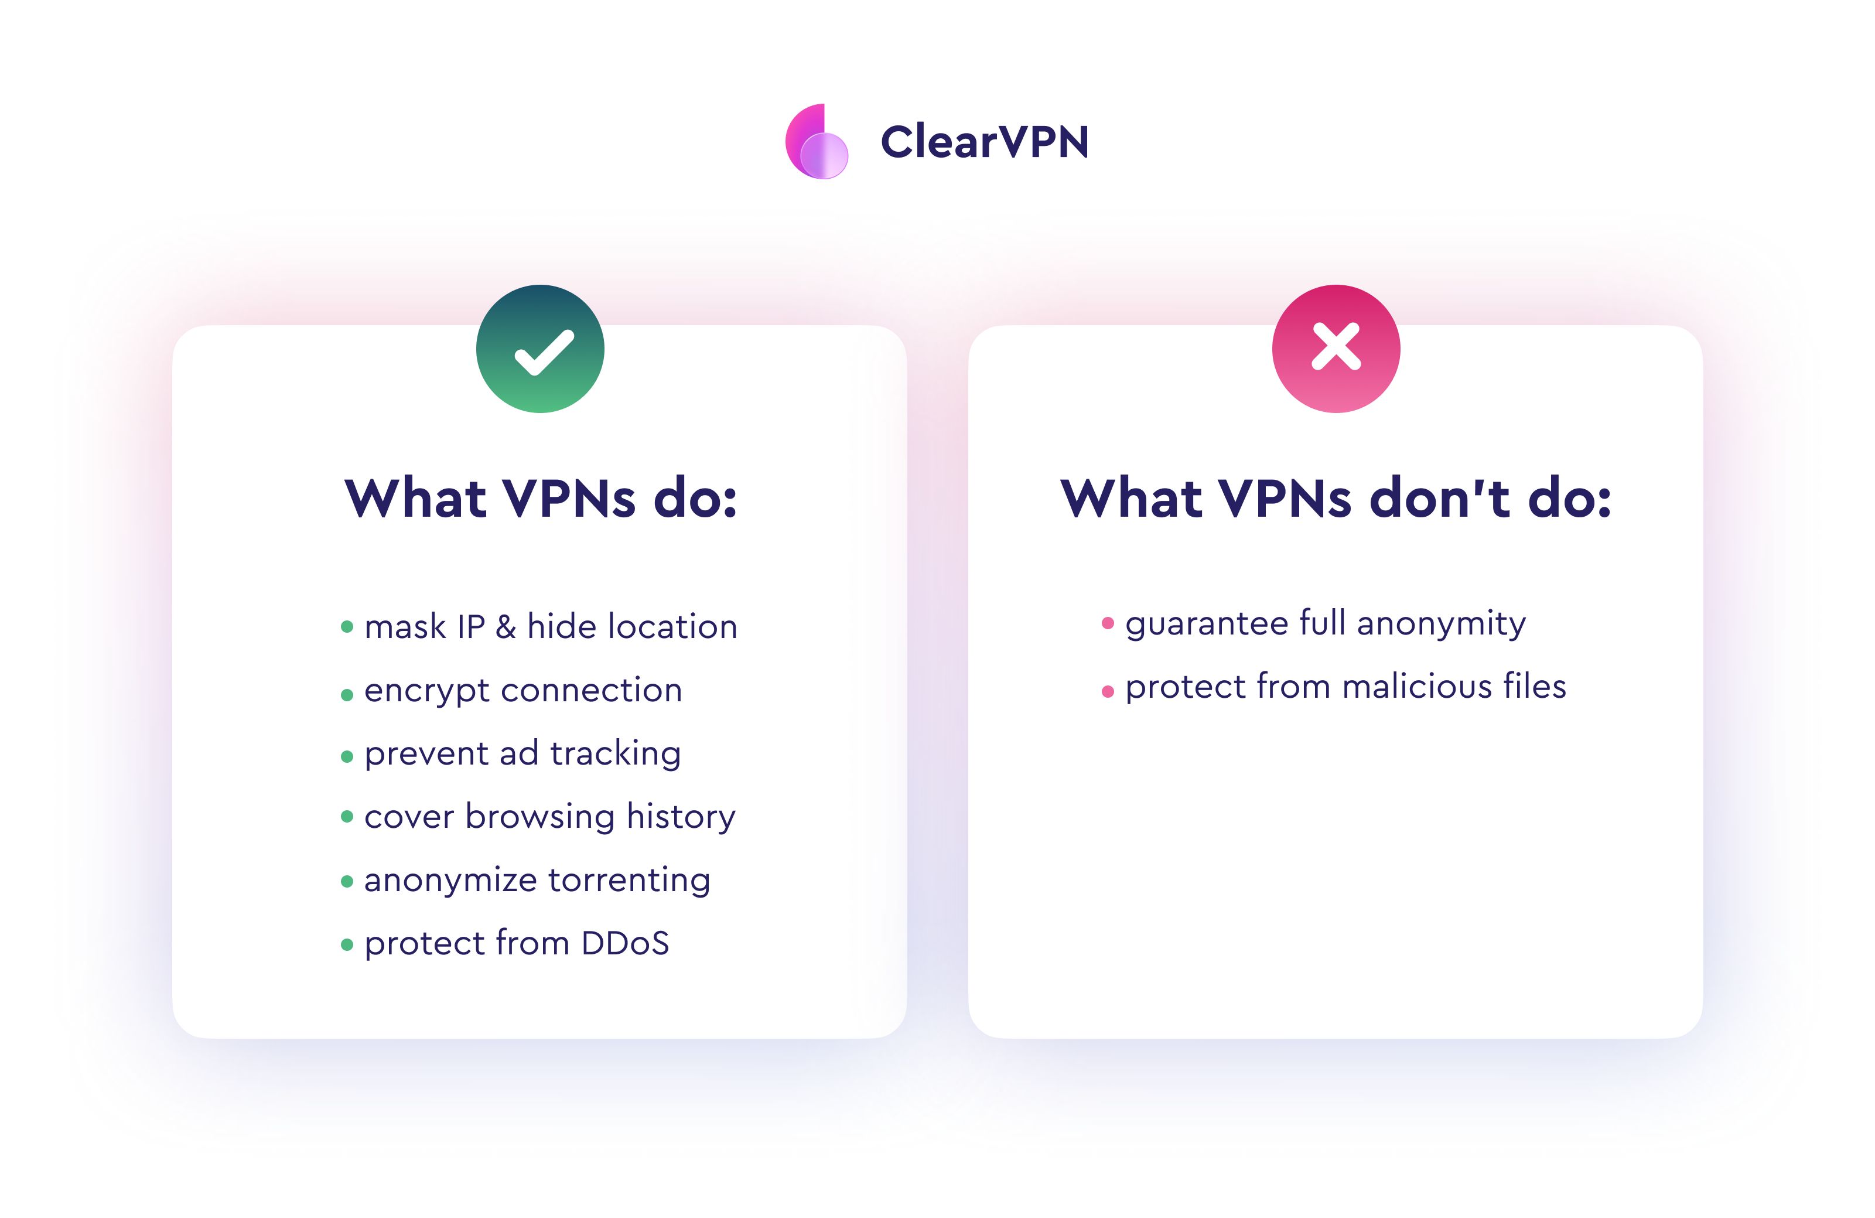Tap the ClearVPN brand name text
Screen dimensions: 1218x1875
pyautogui.click(x=984, y=142)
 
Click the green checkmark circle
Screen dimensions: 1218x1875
pyautogui.click(x=541, y=349)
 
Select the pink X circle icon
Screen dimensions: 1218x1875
pyautogui.click(x=1336, y=349)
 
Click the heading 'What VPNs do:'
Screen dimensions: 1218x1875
pyautogui.click(x=541, y=498)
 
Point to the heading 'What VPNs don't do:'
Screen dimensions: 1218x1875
pyautogui.click(x=1336, y=498)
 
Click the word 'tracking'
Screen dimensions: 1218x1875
pyautogui.click(x=615, y=754)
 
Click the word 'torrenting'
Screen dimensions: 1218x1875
pyautogui.click(x=630, y=881)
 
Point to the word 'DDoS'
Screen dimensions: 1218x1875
pyautogui.click(x=625, y=944)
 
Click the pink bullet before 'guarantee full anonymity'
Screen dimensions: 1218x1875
pyautogui.click(x=1108, y=624)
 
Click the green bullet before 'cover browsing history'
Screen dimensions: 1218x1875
pyautogui.click(x=347, y=817)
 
